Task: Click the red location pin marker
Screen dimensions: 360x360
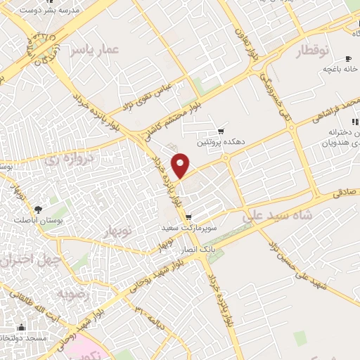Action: pos(181,165)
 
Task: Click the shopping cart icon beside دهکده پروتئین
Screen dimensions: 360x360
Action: pos(221,131)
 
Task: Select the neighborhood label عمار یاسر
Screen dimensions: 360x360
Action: pos(96,49)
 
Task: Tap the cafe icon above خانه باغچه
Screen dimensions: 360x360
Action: pos(347,59)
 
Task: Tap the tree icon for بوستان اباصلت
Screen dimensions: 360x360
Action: pos(37,209)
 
